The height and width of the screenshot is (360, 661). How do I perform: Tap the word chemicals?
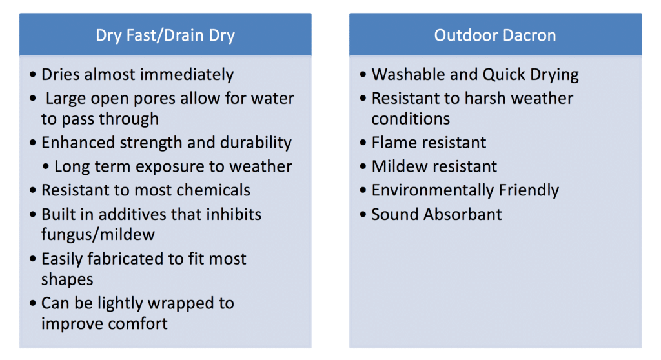[x=213, y=190]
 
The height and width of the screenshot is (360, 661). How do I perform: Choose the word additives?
[x=132, y=214]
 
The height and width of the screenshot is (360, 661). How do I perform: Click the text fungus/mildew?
[x=98, y=235]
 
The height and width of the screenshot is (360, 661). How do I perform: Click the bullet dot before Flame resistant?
[x=363, y=143]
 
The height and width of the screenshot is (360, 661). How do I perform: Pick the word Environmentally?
[x=432, y=190]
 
